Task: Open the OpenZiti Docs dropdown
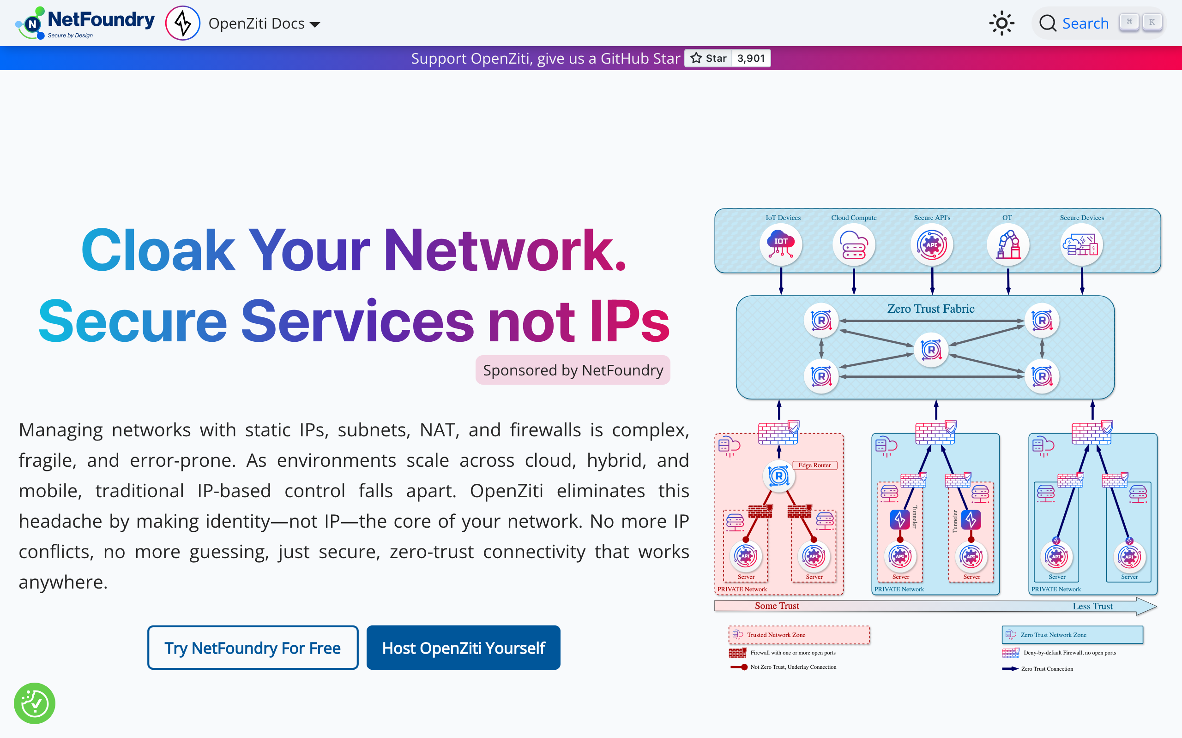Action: click(264, 24)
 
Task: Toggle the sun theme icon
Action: click(1001, 23)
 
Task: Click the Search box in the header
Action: click(1084, 23)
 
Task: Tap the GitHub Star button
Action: click(709, 58)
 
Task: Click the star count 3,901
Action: click(751, 58)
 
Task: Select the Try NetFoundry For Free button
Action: click(253, 648)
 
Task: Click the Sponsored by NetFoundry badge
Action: click(573, 370)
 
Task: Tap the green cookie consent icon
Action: click(35, 703)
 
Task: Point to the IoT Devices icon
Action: click(780, 244)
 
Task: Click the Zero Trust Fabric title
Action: click(930, 309)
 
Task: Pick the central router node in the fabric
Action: click(931, 350)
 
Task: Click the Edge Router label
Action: click(814, 465)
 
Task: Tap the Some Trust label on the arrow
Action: click(777, 606)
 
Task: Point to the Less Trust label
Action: click(1092, 606)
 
